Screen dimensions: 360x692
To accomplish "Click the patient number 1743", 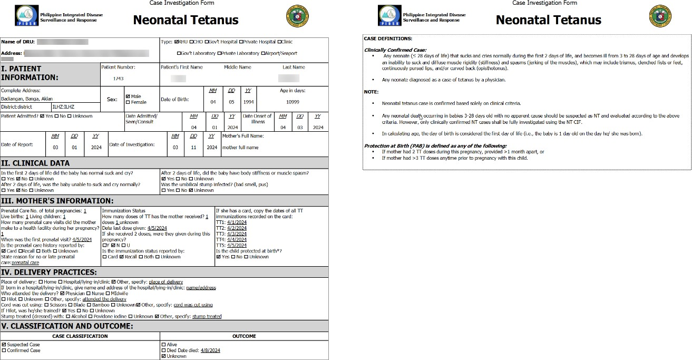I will (x=119, y=79).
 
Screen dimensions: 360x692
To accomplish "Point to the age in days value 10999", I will (x=293, y=102).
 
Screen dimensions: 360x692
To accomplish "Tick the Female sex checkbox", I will (x=128, y=102).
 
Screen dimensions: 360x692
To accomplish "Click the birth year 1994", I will (x=248, y=102).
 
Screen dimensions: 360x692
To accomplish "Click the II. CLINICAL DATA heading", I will (x=35, y=163).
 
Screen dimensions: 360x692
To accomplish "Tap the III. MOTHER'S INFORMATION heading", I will (x=57, y=201).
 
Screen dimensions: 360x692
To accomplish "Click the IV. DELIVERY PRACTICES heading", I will (x=49, y=272).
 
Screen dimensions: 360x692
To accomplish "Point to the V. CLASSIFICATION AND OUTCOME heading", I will (x=67, y=326).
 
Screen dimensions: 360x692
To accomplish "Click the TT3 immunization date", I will (x=237, y=233).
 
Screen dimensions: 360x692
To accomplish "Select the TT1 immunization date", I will (x=237, y=222).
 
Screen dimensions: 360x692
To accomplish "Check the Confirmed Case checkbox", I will (x=4, y=351).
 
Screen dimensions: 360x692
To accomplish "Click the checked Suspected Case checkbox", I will (x=4, y=345).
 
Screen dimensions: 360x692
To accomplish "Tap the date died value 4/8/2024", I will (x=210, y=351).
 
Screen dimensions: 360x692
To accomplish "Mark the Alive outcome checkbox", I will (x=163, y=345).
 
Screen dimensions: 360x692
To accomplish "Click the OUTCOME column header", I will (x=244, y=336).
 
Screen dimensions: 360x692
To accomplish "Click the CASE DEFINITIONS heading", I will (x=388, y=38).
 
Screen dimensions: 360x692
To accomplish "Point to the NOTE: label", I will (x=372, y=92).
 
